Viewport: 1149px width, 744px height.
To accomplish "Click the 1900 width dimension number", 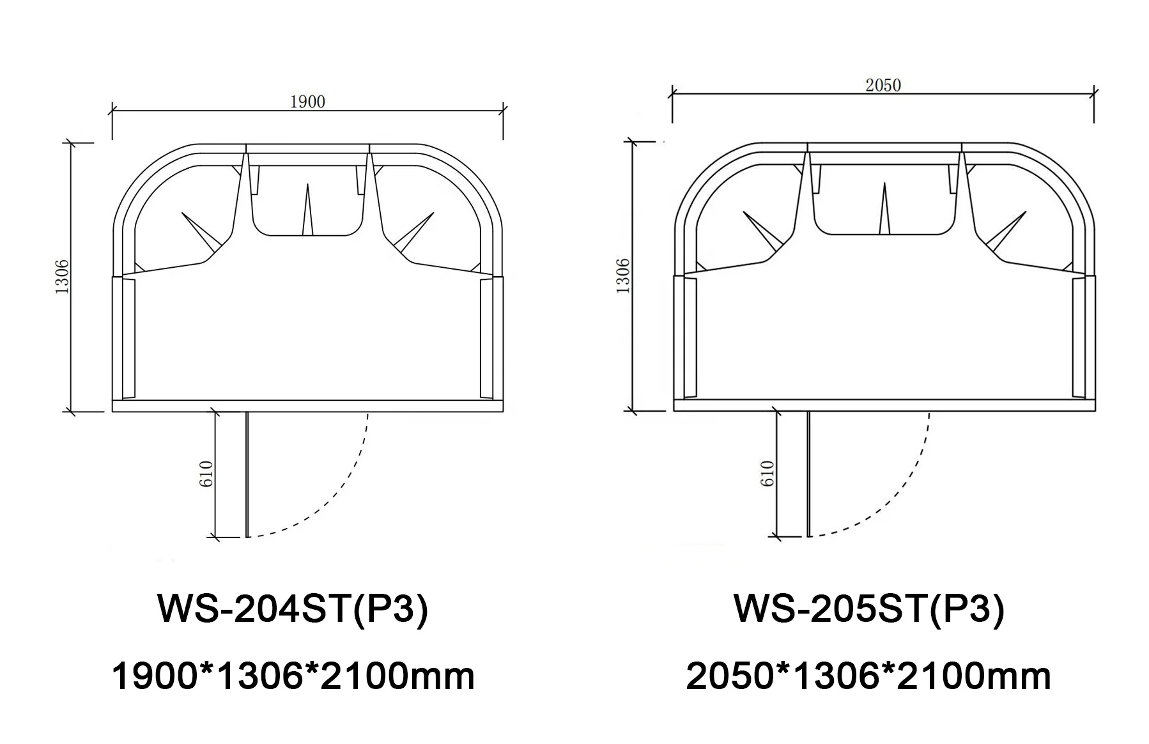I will [307, 102].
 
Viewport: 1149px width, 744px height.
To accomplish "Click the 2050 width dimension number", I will [883, 86].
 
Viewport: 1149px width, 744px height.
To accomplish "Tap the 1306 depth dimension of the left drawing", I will [63, 276].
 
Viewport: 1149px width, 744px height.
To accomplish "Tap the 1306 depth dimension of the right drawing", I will [624, 276].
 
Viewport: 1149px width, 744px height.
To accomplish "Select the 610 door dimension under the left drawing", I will [206, 474].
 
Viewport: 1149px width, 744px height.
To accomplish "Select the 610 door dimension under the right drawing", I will [768, 474].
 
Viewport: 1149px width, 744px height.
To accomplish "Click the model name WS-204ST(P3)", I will [293, 608].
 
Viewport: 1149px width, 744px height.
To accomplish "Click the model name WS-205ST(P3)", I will [869, 608].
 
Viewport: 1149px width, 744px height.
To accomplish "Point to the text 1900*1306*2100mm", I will [293, 676].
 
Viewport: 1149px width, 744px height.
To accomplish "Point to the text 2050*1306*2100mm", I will [868, 676].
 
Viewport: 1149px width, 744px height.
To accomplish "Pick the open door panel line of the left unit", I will [247, 474].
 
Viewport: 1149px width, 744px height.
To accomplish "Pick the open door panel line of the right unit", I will [809, 474].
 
